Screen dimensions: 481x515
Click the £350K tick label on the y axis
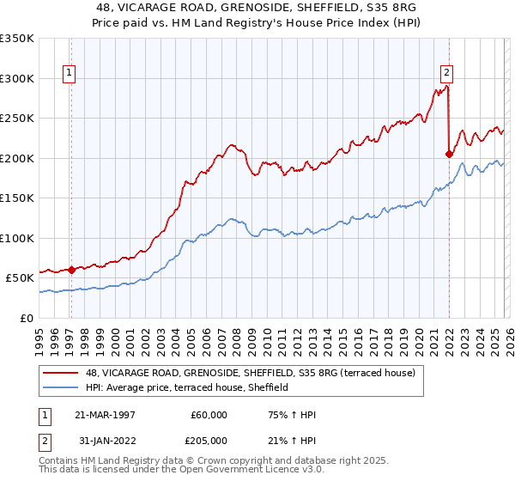click(x=17, y=39)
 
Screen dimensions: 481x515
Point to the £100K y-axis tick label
click(x=17, y=238)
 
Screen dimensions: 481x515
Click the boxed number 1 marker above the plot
click(x=69, y=74)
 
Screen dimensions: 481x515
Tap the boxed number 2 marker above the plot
click(x=447, y=74)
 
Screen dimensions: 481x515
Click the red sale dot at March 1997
click(x=71, y=270)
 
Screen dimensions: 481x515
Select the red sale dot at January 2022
click(x=449, y=155)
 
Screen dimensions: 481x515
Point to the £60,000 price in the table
click(x=209, y=415)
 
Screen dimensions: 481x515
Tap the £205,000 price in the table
click(x=209, y=441)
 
